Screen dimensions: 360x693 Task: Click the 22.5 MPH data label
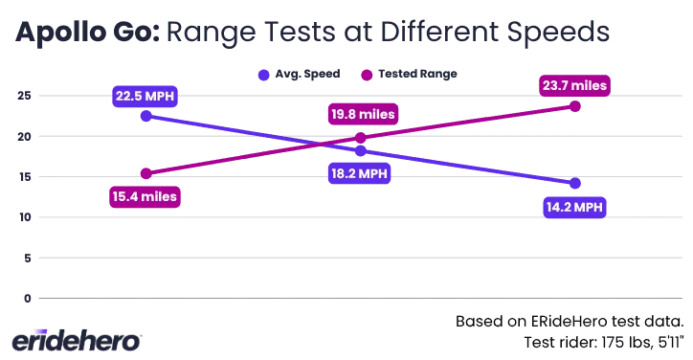point(145,96)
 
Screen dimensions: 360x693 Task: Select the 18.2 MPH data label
point(358,173)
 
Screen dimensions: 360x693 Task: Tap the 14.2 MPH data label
point(573,206)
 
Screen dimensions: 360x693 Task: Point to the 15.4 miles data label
point(145,196)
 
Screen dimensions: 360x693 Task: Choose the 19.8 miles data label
point(362,115)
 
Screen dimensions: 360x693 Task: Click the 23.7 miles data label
point(573,86)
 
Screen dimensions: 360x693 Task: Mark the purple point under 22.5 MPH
point(145,115)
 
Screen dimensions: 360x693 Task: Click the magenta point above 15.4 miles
point(145,173)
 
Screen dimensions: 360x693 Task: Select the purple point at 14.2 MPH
point(574,183)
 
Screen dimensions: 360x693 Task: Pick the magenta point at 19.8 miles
point(360,138)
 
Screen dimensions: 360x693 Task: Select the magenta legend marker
point(366,75)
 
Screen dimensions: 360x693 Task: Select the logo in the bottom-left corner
point(77,339)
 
